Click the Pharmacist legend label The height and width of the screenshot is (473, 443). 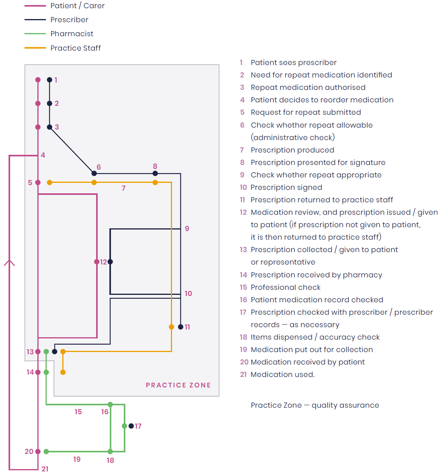tap(72, 34)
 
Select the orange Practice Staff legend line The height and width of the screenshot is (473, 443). tap(35, 48)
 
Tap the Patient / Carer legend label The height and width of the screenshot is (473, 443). tap(77, 6)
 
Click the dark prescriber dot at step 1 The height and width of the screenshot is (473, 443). tap(49, 80)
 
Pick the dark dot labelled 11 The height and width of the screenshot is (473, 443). tap(181, 327)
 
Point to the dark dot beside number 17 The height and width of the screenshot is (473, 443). tap(131, 426)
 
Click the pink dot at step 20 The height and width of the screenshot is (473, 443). tap(38, 452)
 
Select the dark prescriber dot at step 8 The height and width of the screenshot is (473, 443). tap(155, 173)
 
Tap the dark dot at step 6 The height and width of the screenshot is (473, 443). tap(94, 173)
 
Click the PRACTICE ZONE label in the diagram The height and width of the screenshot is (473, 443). tap(178, 385)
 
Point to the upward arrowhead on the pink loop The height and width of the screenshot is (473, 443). tap(9, 263)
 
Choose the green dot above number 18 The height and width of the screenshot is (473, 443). tap(110, 452)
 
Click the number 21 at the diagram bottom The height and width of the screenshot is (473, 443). tap(45, 469)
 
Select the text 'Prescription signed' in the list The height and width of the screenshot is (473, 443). tap(286, 187)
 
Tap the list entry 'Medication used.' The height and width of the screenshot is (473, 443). tap(282, 375)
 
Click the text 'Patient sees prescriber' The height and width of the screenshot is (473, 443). tap(294, 63)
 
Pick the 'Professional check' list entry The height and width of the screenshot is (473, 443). tap(285, 287)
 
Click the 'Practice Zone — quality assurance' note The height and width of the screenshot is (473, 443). tap(315, 405)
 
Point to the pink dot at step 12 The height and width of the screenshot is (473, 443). tap(97, 262)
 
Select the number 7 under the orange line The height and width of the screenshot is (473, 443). tap(123, 188)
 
